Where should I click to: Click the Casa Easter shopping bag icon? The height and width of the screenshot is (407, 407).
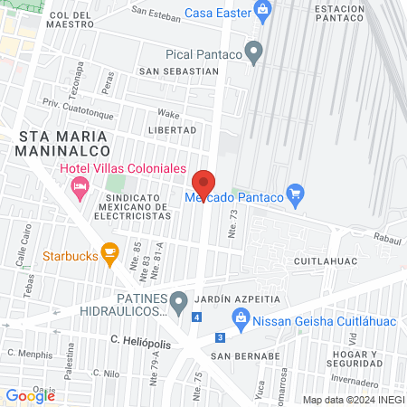(263, 13)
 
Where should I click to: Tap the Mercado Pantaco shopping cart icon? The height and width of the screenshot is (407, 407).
(294, 193)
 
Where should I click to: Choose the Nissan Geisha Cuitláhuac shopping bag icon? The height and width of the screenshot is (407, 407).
(240, 317)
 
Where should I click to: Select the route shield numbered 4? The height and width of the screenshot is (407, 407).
(197, 317)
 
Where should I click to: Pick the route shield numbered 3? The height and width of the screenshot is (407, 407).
(219, 337)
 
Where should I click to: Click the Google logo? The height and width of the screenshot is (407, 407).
(31, 395)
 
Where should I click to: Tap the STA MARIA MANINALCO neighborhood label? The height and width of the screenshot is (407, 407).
(64, 143)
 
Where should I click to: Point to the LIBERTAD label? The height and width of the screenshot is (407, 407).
(177, 129)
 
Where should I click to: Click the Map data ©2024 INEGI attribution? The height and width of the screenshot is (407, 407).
(352, 399)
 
